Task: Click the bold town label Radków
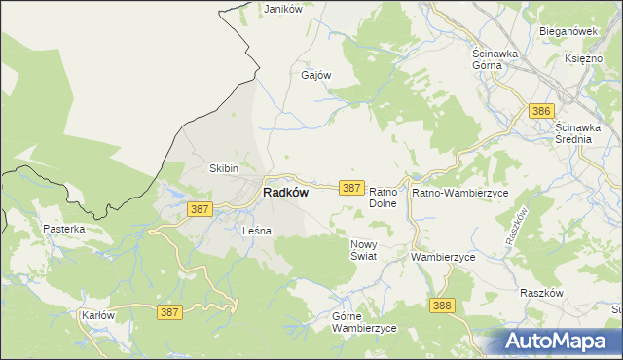(x=286, y=193)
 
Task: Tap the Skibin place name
(x=225, y=168)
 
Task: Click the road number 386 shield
(x=542, y=112)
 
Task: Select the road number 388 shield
(x=442, y=306)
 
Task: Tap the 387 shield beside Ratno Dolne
(x=351, y=187)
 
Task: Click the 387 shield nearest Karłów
(x=169, y=311)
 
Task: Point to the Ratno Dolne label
(x=386, y=198)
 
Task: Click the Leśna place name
(x=256, y=231)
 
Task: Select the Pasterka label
(x=64, y=229)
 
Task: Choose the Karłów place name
(x=98, y=316)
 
